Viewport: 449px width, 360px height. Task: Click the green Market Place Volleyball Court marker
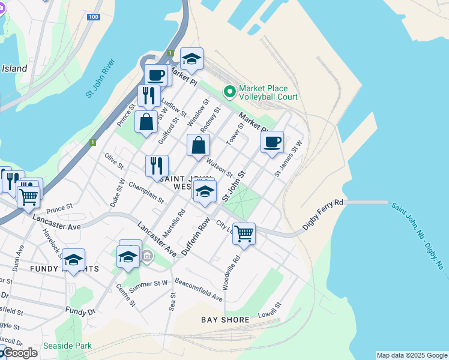tap(229, 92)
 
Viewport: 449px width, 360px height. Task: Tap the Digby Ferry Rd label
tap(322, 211)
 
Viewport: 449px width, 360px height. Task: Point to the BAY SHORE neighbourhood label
tap(225, 320)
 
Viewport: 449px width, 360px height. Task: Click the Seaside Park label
tap(67, 346)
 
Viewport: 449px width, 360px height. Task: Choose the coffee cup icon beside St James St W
tap(272, 142)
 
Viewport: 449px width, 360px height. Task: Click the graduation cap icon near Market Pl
tap(191, 59)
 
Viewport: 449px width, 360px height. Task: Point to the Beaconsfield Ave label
tap(199, 289)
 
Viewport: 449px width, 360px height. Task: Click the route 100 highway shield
tap(93, 17)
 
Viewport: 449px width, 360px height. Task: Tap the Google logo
tap(19, 353)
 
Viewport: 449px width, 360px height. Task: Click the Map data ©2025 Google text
tap(412, 355)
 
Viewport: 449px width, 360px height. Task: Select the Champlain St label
tap(146, 192)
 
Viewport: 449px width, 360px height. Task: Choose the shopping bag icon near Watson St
tap(198, 145)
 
